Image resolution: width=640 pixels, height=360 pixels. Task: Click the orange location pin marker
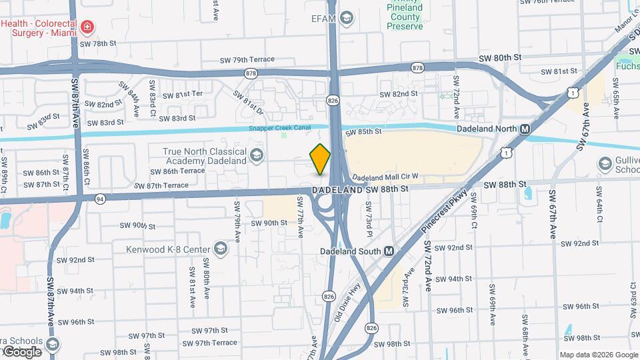coord(321,159)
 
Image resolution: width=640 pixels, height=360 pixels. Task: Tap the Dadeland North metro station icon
coord(525,129)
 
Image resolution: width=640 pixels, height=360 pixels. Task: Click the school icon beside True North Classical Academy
coord(255,157)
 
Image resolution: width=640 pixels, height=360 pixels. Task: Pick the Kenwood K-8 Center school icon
coord(220,250)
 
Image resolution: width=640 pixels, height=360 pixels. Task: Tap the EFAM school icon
coord(347,19)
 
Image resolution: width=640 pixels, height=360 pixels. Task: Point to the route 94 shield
coord(100,198)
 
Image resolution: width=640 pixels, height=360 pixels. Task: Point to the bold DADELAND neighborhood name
coord(337,190)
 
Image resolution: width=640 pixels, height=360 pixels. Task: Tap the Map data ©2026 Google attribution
coord(598,354)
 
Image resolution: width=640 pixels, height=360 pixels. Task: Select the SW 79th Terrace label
coord(247,60)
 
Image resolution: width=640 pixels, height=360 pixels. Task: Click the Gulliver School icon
coord(605,163)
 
